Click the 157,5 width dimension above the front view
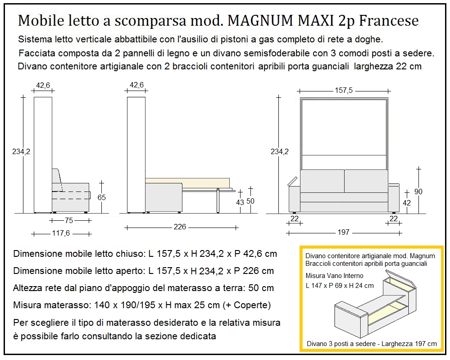click(343, 91)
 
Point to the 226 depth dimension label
click(180, 227)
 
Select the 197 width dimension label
click(343, 232)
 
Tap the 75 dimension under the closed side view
click(68, 220)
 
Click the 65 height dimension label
click(101, 197)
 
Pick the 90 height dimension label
click(418, 191)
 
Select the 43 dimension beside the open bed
click(240, 202)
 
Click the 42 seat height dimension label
click(406, 203)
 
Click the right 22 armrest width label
click(393, 219)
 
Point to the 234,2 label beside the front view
click(280, 152)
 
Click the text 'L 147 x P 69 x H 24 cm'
click(339, 285)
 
